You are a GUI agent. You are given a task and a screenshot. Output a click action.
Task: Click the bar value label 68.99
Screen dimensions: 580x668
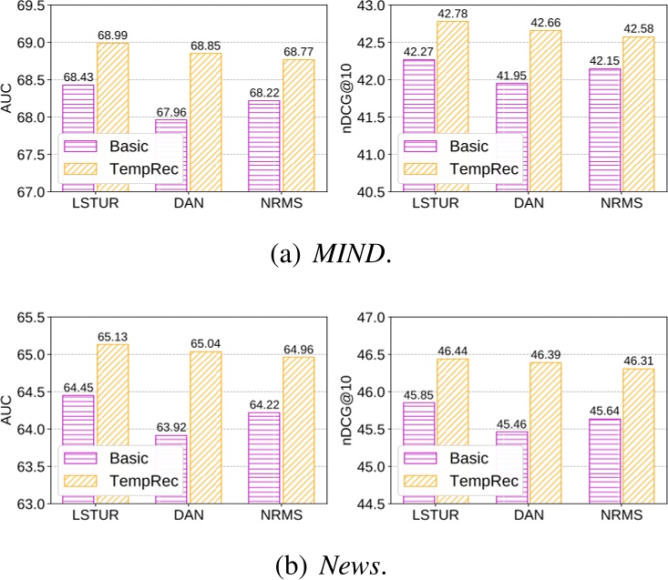click(x=114, y=35)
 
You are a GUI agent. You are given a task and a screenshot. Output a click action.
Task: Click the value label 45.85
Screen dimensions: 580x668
click(x=416, y=395)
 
